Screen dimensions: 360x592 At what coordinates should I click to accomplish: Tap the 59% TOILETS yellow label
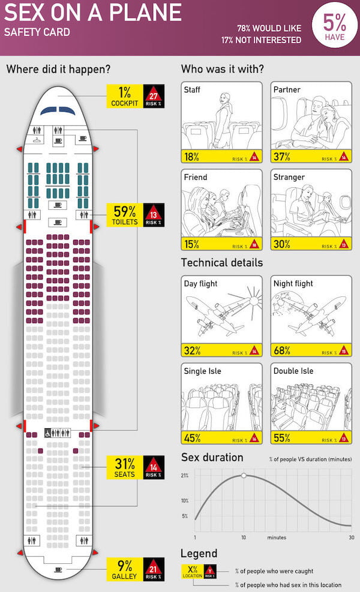tap(124, 215)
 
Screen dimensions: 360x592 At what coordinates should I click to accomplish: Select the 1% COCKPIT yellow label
tap(124, 96)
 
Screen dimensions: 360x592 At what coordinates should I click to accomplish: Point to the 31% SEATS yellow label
tap(124, 467)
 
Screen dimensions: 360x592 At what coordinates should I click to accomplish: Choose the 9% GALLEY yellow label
tap(124, 569)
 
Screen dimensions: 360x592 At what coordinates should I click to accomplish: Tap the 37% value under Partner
tap(281, 158)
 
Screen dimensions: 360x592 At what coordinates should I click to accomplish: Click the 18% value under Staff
tap(191, 158)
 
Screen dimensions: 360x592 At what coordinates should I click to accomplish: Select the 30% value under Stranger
tap(281, 244)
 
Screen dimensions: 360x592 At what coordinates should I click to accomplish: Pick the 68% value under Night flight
tap(281, 351)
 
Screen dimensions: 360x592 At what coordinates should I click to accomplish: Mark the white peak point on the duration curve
tap(244, 476)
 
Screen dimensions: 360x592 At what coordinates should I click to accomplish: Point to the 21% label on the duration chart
tap(185, 476)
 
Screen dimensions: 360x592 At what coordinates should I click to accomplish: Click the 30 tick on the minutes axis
tap(352, 537)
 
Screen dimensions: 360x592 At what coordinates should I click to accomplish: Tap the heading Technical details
tap(222, 263)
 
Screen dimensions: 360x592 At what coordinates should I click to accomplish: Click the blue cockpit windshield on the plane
tap(58, 110)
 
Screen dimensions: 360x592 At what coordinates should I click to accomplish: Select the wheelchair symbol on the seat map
tap(49, 432)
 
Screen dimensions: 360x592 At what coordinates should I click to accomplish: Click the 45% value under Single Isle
tap(192, 438)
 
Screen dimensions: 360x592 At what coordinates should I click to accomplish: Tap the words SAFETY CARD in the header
tap(37, 32)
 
